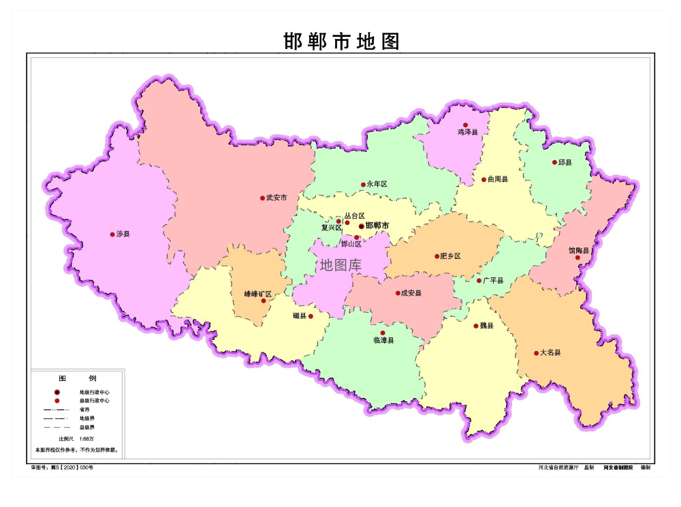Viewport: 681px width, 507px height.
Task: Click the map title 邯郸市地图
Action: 341,42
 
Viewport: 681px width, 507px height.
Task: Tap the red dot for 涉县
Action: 112,234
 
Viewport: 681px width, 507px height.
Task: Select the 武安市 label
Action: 276,198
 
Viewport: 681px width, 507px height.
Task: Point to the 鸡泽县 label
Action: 468,132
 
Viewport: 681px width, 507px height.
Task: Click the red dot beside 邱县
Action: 554,162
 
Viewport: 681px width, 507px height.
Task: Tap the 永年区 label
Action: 377,185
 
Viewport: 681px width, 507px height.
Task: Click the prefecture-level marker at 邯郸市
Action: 361,226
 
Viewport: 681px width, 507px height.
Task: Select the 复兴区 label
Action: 331,228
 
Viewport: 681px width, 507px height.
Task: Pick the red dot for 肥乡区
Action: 437,257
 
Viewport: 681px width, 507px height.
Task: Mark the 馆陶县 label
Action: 579,250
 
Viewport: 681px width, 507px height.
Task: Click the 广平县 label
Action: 493,281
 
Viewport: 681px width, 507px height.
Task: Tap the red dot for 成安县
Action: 398,294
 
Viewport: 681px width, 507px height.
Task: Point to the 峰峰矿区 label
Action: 258,294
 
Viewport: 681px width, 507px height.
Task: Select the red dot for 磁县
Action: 311,317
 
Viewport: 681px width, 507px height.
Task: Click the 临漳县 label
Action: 383,340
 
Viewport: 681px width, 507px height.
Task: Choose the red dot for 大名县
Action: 536,353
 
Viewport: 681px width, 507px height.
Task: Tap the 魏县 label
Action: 487,326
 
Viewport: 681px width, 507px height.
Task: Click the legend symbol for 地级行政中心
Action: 57,393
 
